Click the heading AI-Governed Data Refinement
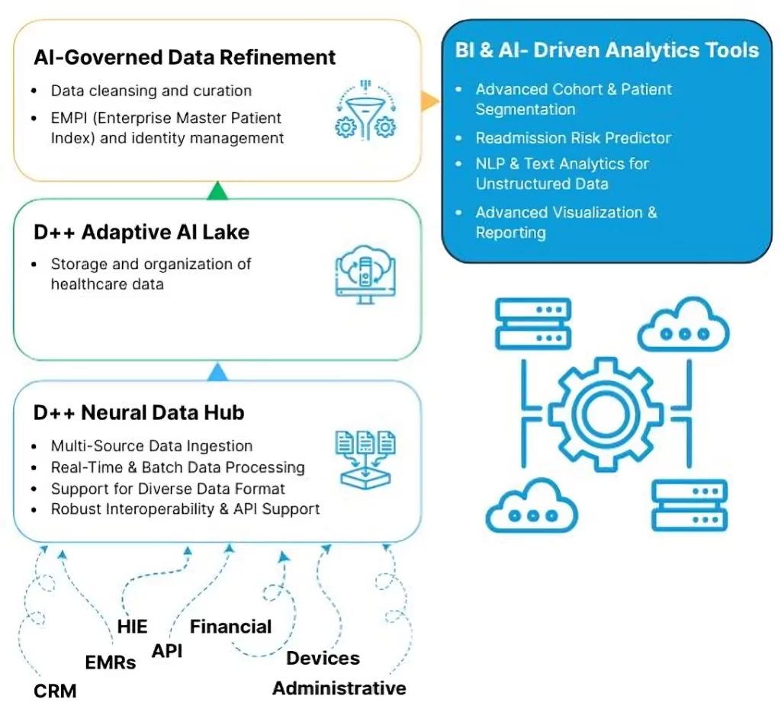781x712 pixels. pyautogui.click(x=185, y=58)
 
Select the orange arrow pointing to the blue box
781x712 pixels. pyautogui.click(x=430, y=101)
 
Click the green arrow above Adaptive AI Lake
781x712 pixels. pyautogui.click(x=217, y=190)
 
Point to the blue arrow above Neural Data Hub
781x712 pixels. pyautogui.click(x=217, y=371)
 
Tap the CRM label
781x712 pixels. pyautogui.click(x=55, y=691)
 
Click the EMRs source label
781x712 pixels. pyautogui.click(x=111, y=662)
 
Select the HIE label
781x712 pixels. pyautogui.click(x=133, y=627)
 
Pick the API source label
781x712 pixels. pyautogui.click(x=167, y=650)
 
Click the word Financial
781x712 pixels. pyautogui.click(x=230, y=627)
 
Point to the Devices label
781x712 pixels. pyautogui.click(x=323, y=658)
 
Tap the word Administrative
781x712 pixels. pyautogui.click(x=339, y=688)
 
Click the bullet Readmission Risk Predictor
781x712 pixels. pyautogui.click(x=574, y=138)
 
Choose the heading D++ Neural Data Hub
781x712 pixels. pyautogui.click(x=139, y=412)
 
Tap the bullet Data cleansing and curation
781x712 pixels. pyautogui.click(x=151, y=91)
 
